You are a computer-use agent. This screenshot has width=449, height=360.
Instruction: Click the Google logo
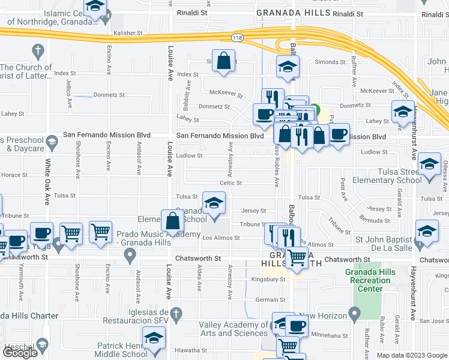click(x=20, y=353)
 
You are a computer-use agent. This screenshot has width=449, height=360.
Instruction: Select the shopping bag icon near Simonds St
click(x=223, y=61)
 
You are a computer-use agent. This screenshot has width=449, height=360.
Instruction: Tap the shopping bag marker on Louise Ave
click(x=173, y=220)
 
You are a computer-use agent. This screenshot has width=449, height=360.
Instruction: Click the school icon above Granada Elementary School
click(x=213, y=203)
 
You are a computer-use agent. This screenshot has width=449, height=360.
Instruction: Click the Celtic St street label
click(x=231, y=183)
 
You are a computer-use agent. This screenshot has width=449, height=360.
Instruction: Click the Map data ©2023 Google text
click(x=412, y=355)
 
